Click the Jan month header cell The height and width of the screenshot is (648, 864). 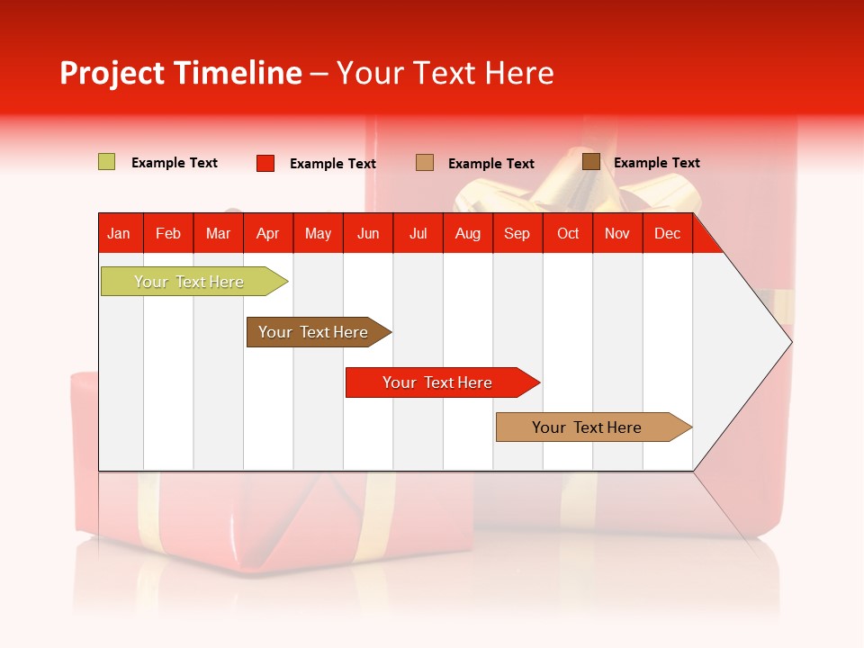(120, 233)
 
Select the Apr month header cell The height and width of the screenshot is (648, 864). (268, 233)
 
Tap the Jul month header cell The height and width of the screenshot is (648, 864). (418, 233)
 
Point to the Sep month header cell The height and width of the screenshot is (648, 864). (517, 233)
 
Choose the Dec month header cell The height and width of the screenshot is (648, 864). (667, 233)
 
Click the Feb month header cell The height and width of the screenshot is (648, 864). (168, 233)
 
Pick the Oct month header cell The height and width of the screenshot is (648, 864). (568, 233)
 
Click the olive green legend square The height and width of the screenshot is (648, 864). (107, 162)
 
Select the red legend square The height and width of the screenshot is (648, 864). (265, 163)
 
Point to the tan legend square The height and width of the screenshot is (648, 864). (425, 163)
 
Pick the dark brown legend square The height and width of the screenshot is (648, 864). (590, 162)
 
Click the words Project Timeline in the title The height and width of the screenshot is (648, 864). (181, 73)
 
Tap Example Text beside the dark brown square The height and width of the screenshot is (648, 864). (656, 163)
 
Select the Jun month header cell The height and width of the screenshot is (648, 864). (368, 233)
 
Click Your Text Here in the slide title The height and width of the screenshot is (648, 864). (445, 73)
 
